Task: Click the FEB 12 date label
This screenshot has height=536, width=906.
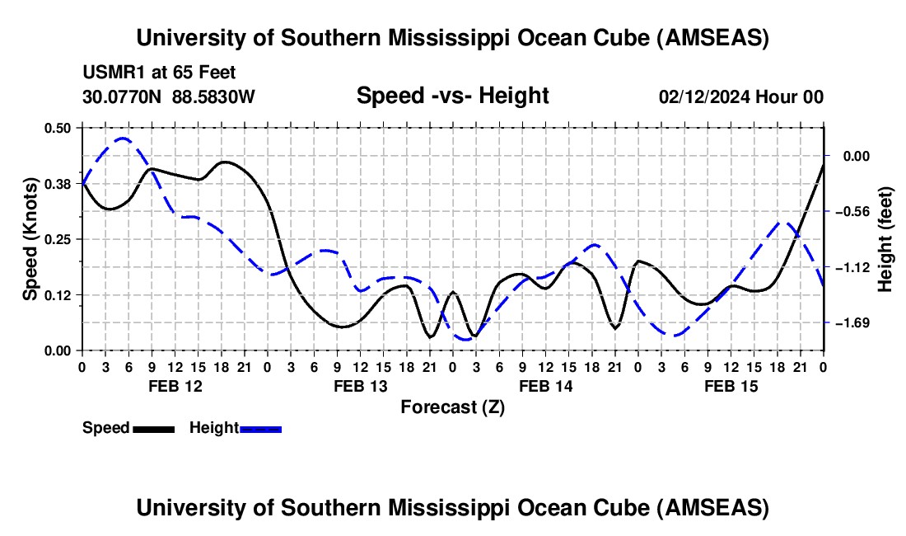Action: (175, 385)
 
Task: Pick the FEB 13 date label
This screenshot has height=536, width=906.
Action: (360, 385)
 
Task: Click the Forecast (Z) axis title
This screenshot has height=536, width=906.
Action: (452, 407)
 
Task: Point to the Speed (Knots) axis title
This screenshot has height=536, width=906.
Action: (30, 238)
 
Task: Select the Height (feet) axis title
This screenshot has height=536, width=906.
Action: (886, 238)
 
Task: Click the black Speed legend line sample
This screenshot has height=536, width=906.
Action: (153, 428)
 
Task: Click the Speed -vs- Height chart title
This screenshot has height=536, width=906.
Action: (452, 96)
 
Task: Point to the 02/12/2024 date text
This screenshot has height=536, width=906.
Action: (705, 97)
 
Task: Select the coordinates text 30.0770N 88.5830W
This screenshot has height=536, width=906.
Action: (169, 97)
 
